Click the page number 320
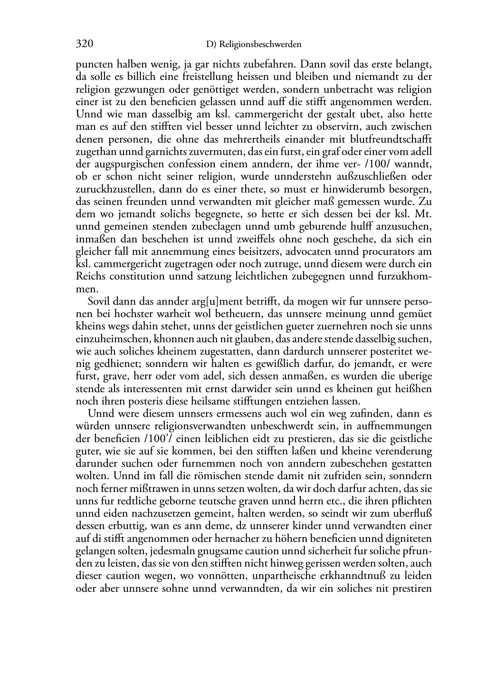[84, 45]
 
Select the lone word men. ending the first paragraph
[87, 289]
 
